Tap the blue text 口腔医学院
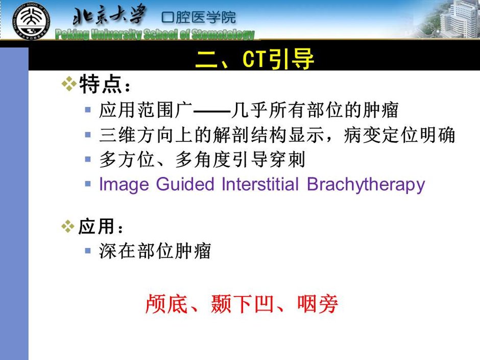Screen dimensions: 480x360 click(x=199, y=17)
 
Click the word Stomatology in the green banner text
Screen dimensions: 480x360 click(x=223, y=34)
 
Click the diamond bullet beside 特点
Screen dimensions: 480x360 click(x=69, y=84)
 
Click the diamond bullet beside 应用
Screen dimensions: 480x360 click(x=68, y=227)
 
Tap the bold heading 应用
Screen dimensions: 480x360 click(x=96, y=227)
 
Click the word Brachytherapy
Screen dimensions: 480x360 click(x=366, y=185)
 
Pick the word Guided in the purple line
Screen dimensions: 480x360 click(x=185, y=184)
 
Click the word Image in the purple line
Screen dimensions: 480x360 click(x=124, y=185)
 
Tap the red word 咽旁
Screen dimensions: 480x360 click(x=318, y=304)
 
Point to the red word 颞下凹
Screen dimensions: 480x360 click(x=242, y=304)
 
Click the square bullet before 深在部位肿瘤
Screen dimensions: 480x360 click(x=88, y=251)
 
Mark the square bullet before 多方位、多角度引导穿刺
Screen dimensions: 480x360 click(x=88, y=159)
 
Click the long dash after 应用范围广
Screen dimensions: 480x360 click(x=212, y=111)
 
